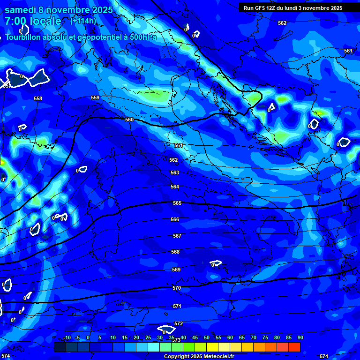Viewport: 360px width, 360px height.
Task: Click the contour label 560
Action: click(x=129, y=120)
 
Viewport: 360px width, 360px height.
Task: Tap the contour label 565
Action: click(x=177, y=203)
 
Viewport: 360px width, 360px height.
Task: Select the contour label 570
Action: click(x=177, y=288)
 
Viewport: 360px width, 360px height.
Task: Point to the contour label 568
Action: click(x=175, y=252)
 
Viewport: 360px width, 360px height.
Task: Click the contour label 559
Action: click(x=95, y=97)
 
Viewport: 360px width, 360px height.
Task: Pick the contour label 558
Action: click(x=38, y=98)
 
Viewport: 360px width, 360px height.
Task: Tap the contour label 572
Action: click(x=179, y=324)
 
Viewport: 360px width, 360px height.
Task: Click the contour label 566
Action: click(x=175, y=219)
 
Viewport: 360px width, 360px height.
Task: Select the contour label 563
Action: click(x=175, y=172)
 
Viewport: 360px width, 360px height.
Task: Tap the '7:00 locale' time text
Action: click(x=33, y=21)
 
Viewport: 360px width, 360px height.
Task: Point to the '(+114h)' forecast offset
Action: click(x=83, y=21)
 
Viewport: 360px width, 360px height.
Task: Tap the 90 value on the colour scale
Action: click(x=300, y=337)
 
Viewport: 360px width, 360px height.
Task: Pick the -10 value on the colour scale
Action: click(x=67, y=337)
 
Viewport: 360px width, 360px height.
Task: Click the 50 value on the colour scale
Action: click(x=206, y=337)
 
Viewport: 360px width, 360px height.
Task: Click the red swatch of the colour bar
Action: click(x=294, y=347)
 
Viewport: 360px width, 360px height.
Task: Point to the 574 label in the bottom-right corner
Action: click(x=323, y=357)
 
